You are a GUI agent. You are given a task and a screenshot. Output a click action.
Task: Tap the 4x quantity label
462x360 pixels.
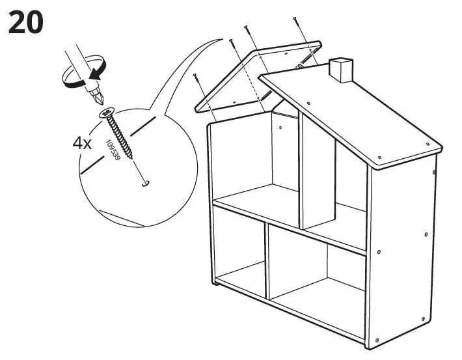(x=82, y=144)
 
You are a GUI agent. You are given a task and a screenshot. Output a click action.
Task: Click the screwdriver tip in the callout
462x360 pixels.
(x=98, y=101)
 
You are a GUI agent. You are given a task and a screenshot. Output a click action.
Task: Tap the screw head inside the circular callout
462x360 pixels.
(x=106, y=115)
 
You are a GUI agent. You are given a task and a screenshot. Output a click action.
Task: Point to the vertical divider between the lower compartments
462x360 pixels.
(x=267, y=260)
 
